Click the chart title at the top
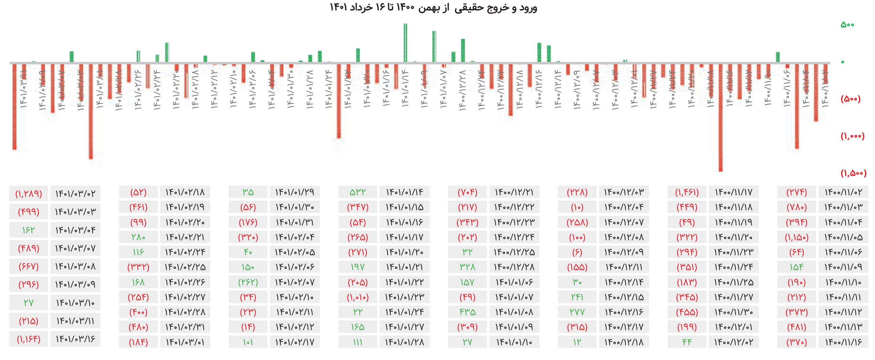point(433,8)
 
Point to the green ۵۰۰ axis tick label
point(847,25)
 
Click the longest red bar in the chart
point(720,117)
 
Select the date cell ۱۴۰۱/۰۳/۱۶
point(76,339)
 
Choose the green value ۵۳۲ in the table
point(358,192)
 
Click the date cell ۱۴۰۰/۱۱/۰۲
point(843,192)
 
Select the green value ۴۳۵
point(467,312)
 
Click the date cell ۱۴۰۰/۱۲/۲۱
point(514,192)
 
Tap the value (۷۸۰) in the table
point(797,207)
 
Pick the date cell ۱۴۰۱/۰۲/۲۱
point(185,237)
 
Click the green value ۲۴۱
point(577,297)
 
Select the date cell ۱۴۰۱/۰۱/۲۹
point(295,192)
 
